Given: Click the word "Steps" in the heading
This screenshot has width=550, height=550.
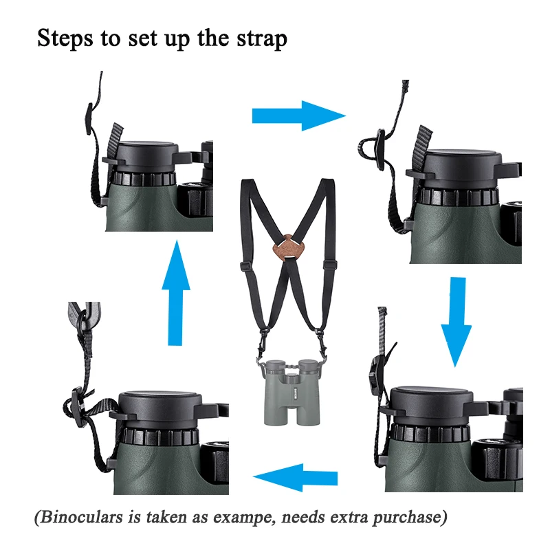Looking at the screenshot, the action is [65, 38].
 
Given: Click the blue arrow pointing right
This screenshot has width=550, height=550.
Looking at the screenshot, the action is [299, 115].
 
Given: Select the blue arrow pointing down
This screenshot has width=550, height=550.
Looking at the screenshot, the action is [456, 322].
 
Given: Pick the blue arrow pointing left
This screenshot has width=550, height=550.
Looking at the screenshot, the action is [295, 477].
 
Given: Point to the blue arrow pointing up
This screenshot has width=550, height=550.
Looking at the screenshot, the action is [176, 293].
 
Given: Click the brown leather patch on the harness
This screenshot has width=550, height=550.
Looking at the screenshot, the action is [287, 247].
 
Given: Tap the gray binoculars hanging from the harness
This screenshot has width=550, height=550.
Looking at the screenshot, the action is [291, 392].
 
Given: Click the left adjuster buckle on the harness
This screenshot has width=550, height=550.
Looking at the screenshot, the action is [247, 265].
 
